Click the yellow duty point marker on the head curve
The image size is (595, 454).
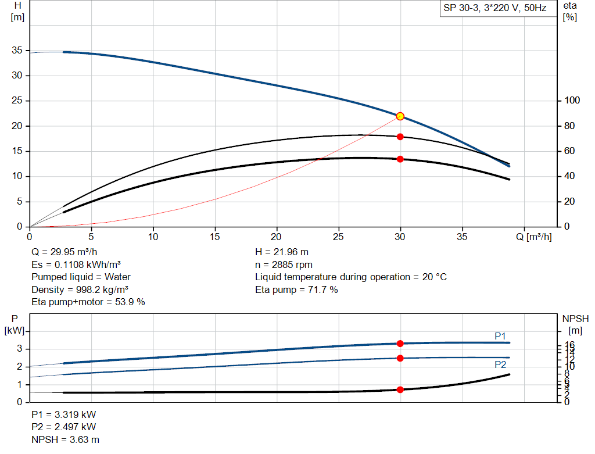tap(400, 116)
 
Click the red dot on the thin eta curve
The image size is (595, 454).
tap(400, 137)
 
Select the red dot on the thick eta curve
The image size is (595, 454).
tap(400, 159)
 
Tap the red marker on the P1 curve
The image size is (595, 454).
tap(400, 344)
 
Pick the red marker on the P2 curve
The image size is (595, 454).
tap(400, 358)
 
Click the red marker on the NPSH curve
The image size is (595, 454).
tap(400, 389)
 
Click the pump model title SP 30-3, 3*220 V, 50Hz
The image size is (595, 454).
tap(494, 9)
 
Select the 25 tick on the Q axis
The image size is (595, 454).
tap(339, 237)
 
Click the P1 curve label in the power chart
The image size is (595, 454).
tap(500, 336)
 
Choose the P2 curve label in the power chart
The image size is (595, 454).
tap(500, 365)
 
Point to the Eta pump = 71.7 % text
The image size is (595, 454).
tap(296, 289)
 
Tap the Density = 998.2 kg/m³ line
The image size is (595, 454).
tap(80, 289)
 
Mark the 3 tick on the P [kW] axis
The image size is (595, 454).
tap(19, 349)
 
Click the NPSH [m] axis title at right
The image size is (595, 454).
tap(575, 324)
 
